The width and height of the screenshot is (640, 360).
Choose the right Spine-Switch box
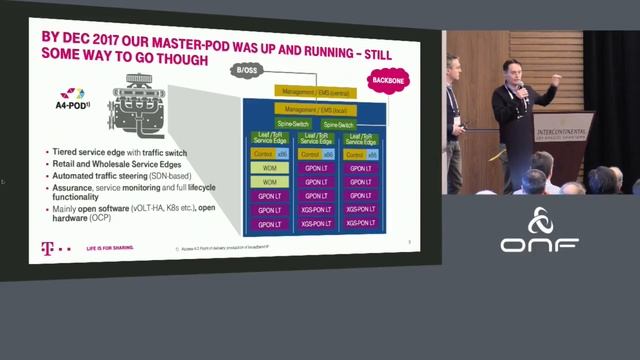click(338, 124)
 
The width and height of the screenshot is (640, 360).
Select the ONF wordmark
click(540, 244)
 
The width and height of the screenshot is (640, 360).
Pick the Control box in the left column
click(263, 155)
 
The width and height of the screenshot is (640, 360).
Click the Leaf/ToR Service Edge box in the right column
click(362, 140)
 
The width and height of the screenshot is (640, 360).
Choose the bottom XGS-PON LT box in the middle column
click(315, 224)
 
